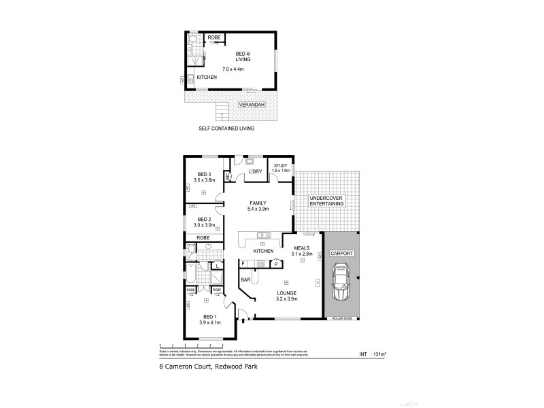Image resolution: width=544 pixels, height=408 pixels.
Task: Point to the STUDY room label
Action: [x=281, y=165]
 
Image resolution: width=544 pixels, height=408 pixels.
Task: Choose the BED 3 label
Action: [x=204, y=174]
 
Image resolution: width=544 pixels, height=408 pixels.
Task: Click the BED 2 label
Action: [x=205, y=219]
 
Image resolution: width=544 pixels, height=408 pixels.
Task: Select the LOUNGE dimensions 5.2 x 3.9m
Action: [x=286, y=299]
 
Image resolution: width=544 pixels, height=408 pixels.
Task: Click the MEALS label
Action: [x=302, y=248]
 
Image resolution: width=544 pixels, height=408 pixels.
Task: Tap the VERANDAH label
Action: [x=249, y=105]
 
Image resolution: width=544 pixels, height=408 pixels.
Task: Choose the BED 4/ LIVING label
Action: [x=243, y=56]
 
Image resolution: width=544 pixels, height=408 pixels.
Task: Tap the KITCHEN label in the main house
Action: [x=263, y=251]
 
